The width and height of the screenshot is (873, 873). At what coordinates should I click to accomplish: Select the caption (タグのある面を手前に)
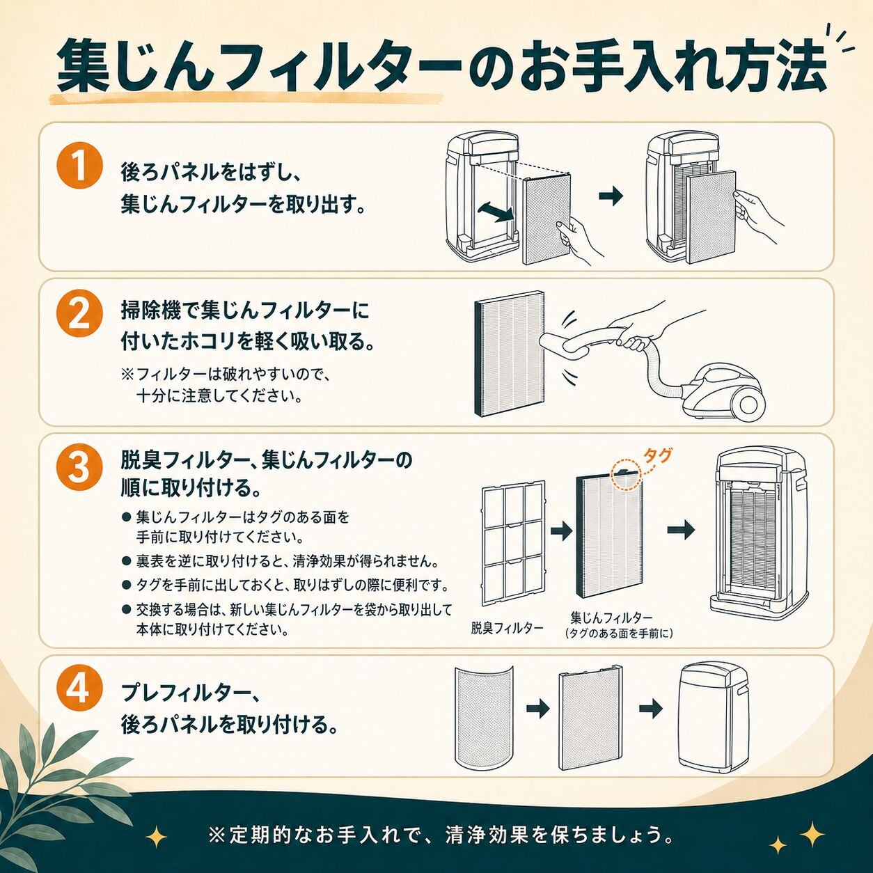pyautogui.click(x=619, y=634)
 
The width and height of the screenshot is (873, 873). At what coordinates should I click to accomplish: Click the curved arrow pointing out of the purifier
pyautogui.click(x=497, y=212)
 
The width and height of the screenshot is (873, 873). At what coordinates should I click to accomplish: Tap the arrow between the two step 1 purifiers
pyautogui.click(x=611, y=195)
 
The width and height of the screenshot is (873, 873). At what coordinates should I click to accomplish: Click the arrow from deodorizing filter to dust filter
pyautogui.click(x=562, y=530)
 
